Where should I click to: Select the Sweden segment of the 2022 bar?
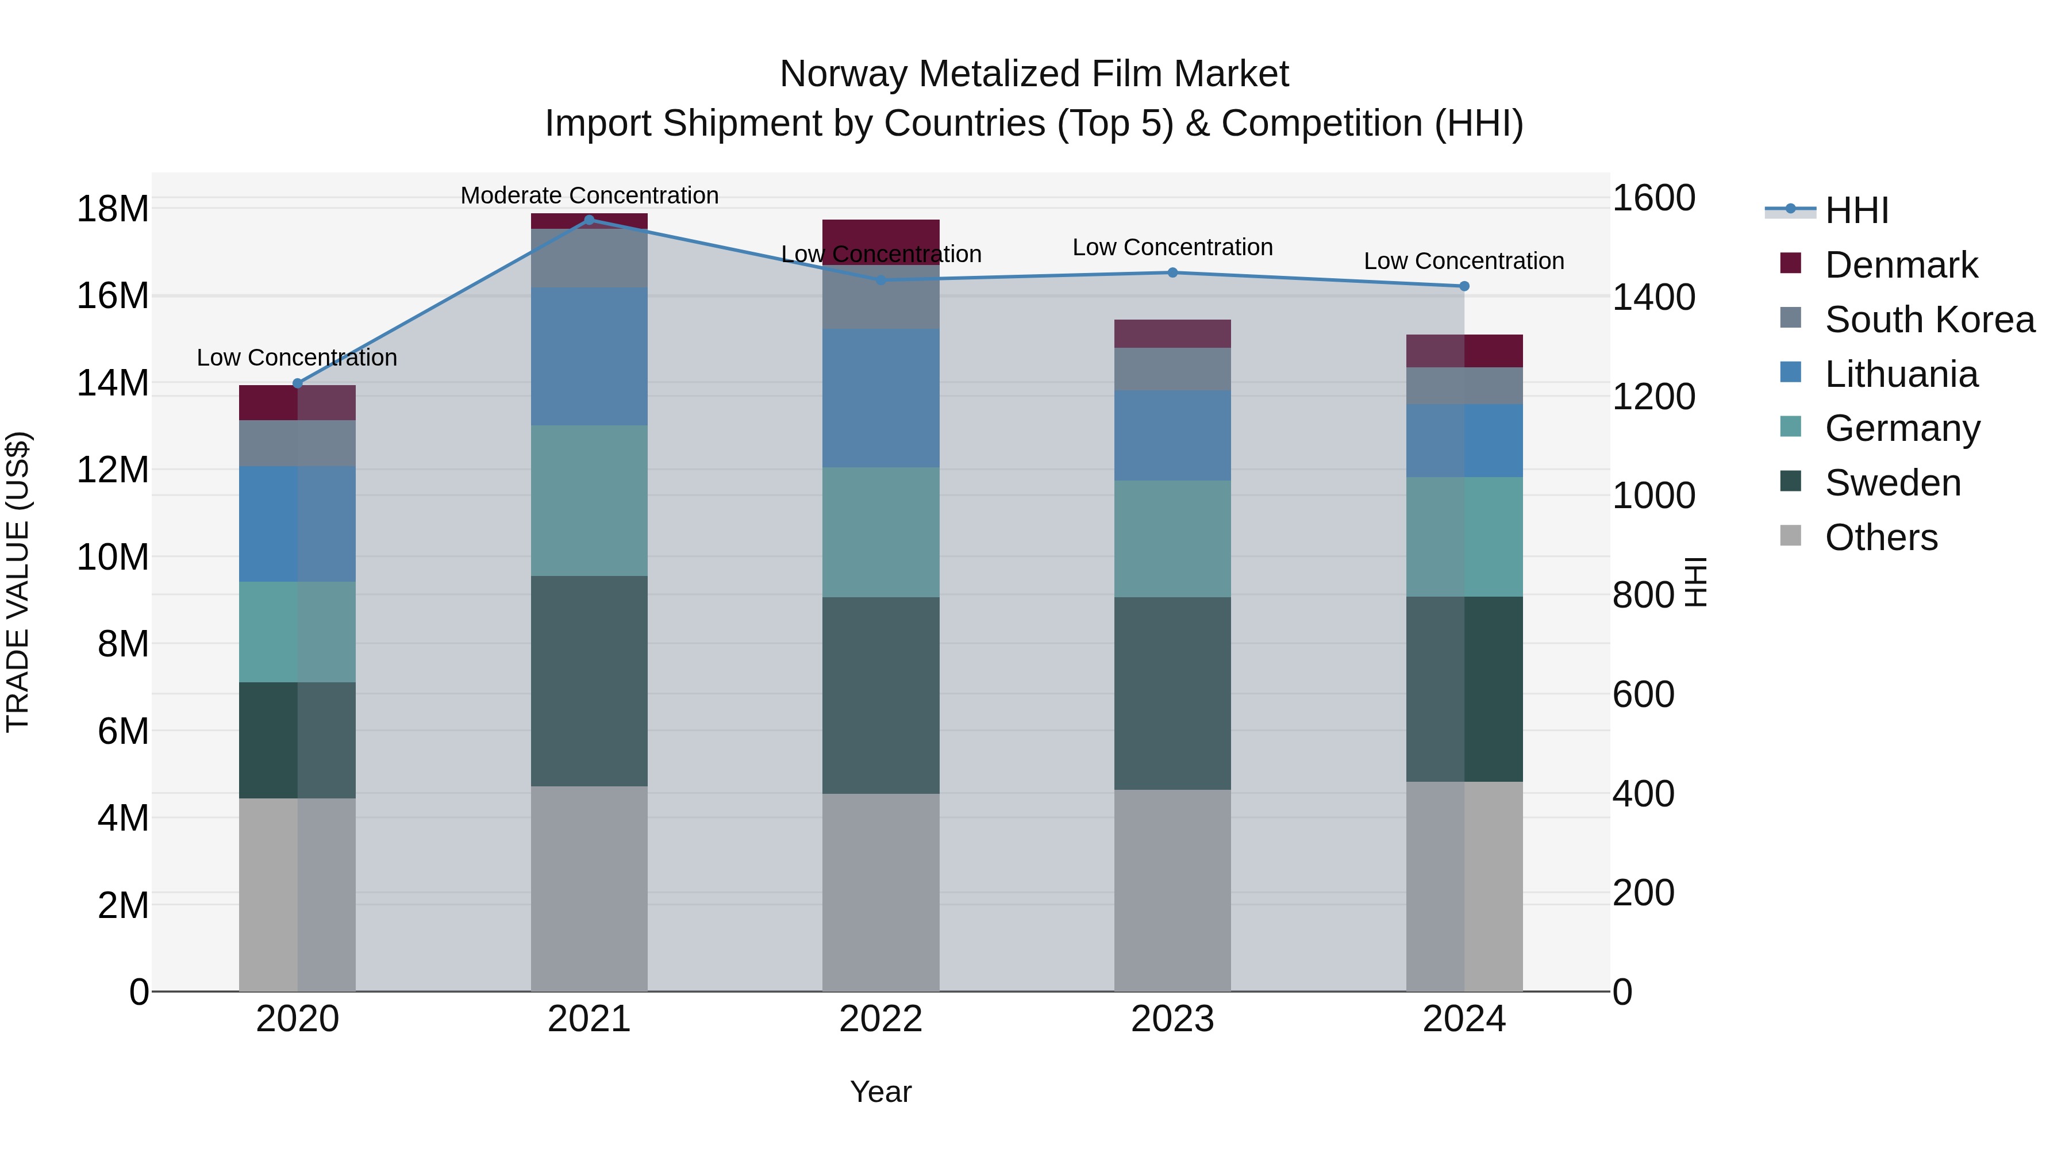pyautogui.click(x=880, y=695)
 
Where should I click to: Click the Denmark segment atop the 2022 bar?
pyautogui.click(x=880, y=233)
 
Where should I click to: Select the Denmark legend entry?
pyautogui.click(x=1901, y=265)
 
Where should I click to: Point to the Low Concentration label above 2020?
pyautogui.click(x=297, y=358)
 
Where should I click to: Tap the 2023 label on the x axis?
pyautogui.click(x=1172, y=1019)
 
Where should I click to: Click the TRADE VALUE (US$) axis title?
pyautogui.click(x=18, y=582)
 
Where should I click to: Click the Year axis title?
pyautogui.click(x=880, y=1092)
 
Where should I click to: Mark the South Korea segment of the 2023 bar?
pyautogui.click(x=1172, y=370)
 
